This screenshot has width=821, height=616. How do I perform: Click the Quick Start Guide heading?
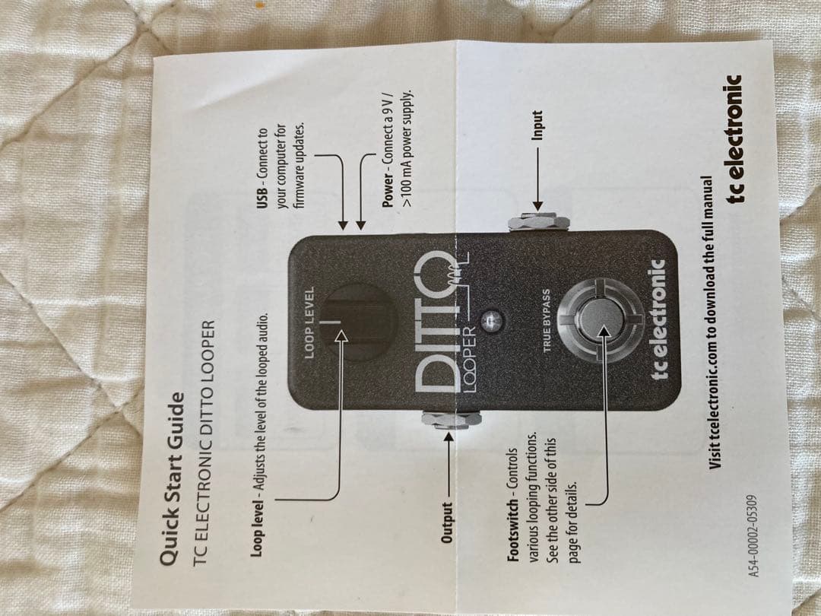171,480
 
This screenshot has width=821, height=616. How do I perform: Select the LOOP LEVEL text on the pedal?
309,319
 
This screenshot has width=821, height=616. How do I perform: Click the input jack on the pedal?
539,223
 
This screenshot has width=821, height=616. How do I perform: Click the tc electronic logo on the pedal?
661,320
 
